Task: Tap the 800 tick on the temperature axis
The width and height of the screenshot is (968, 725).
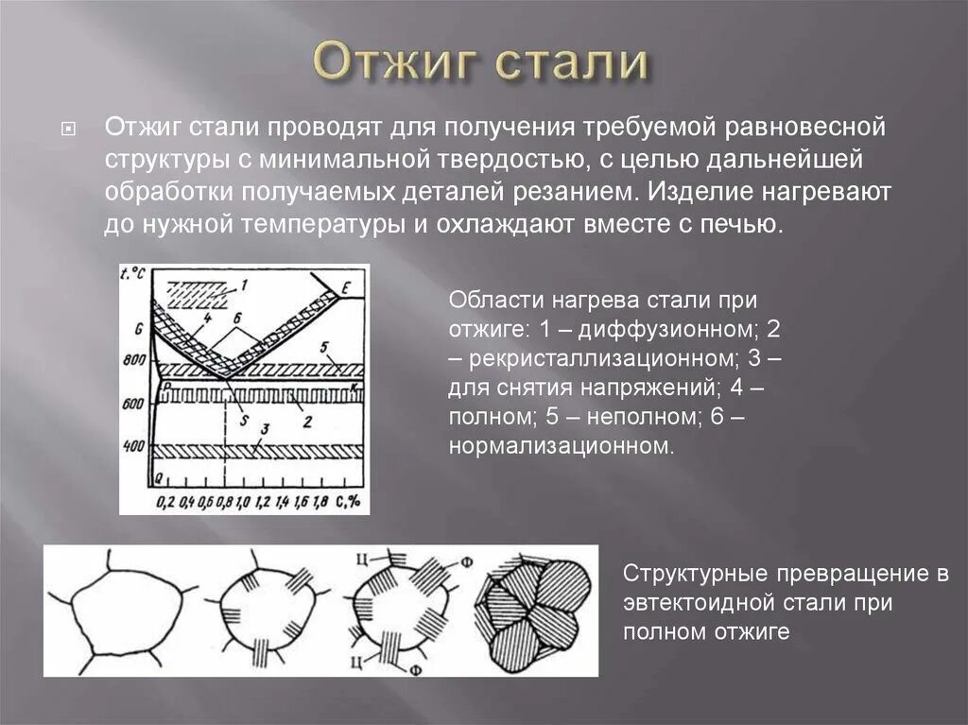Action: coord(135,360)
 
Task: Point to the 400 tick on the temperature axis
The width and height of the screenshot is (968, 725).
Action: coord(135,444)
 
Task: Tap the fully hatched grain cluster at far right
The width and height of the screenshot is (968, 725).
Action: coord(534,610)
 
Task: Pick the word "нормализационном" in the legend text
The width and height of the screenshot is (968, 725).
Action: coord(562,445)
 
